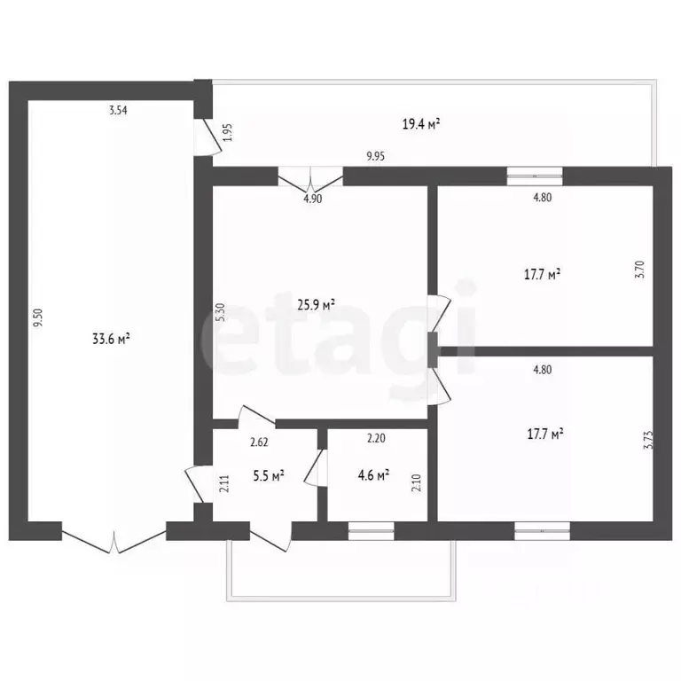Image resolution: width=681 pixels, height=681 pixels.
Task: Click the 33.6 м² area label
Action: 111,339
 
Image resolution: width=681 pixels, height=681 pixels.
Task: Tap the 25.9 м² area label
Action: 316,304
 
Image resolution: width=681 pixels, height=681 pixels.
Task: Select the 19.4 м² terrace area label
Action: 421,125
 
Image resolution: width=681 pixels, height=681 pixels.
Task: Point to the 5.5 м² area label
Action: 269,476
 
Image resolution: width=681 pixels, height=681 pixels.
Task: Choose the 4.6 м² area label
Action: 373,474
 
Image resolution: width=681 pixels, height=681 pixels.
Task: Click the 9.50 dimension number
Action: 39,317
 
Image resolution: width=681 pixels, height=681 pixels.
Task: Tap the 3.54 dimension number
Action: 118,110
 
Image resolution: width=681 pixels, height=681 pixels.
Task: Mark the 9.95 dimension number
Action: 376,156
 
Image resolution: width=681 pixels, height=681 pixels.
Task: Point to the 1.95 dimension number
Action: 228,132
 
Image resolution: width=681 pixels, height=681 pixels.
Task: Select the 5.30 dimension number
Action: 221,312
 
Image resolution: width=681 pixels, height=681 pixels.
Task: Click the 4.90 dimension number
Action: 313,199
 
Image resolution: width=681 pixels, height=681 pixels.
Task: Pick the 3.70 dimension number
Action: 639,270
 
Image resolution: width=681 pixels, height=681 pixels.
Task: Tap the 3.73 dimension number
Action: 648,440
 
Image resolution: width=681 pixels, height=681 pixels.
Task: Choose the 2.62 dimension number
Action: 259,442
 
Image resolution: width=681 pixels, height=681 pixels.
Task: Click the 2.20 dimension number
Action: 376,438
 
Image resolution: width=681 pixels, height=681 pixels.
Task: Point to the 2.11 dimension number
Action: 224,483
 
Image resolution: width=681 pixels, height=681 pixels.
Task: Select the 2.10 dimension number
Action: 416,482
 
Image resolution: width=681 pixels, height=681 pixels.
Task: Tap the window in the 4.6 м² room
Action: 372,531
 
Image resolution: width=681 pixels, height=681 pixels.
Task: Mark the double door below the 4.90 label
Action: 310,179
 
